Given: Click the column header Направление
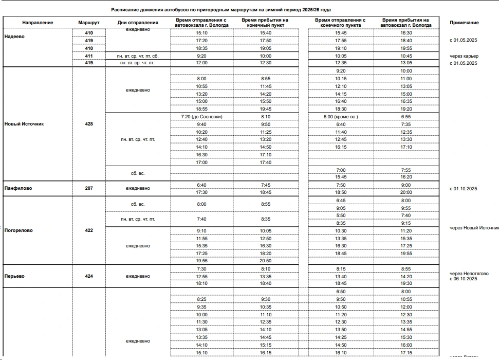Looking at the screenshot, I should pos(38,23).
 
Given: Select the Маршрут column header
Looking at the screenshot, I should pos(88,23).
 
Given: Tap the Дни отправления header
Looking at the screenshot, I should pos(138,23).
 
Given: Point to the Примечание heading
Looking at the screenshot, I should pos(464,23).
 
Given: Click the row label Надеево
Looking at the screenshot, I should pos(14,37).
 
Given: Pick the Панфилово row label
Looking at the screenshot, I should pos(18,189).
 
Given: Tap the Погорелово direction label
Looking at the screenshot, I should pos(19,230).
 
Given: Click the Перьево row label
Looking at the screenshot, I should pos(14,276).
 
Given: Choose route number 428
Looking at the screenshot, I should pos(89,124).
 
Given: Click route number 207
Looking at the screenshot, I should pos(89,189).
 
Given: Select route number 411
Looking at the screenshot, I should pos(89,56).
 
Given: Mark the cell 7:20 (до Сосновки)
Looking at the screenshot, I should pos(201,117).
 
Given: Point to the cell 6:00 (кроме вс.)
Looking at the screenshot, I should pos(340,117).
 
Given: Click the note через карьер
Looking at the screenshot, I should pos(464,56).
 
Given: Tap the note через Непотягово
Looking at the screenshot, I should pos(467,273).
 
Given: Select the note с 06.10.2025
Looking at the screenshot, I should pos(464,279).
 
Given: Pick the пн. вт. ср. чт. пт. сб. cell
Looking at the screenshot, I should pos(138,56).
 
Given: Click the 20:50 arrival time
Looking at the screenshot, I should pos(266,261).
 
